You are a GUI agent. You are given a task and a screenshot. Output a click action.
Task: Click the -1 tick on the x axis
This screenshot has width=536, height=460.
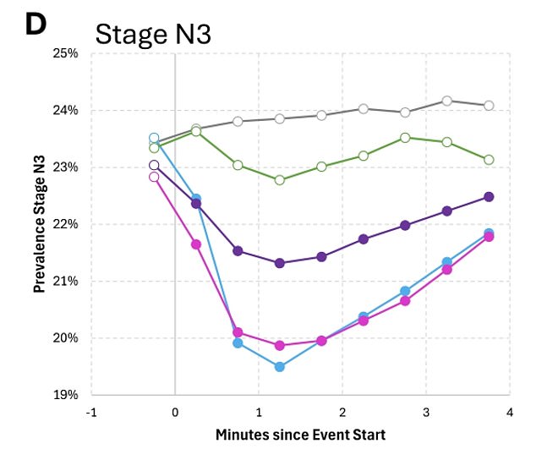coord(91,412)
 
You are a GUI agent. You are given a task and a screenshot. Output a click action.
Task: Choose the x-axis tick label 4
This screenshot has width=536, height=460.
coord(509,412)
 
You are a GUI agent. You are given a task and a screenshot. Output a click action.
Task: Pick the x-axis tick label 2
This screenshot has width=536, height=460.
coord(342,412)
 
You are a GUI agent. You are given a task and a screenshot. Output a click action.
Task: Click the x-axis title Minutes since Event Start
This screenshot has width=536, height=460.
coord(299,435)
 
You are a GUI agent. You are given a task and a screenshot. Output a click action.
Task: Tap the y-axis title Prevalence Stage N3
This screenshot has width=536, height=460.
coord(39,223)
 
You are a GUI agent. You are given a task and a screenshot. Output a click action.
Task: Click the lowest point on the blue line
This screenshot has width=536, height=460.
coord(280,367)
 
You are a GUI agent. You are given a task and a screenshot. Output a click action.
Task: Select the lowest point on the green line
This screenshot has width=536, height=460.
coord(280,180)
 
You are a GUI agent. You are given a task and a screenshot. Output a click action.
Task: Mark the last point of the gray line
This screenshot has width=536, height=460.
coord(489,106)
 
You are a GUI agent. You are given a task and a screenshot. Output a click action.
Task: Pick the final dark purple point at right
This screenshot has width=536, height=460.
coord(489,197)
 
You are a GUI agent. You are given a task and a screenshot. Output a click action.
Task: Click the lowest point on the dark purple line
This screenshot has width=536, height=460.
coord(280,263)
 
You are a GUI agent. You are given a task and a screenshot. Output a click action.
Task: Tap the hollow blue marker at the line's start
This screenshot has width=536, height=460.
coord(154,138)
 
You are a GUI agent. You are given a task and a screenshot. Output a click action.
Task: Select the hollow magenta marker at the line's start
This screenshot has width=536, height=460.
coord(154,177)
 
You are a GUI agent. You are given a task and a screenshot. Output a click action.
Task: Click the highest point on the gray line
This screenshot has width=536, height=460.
coord(447,101)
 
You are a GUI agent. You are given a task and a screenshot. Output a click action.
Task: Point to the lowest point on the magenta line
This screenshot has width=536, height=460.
coord(280,345)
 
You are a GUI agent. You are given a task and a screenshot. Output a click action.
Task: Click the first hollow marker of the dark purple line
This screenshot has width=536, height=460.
coord(154,166)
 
